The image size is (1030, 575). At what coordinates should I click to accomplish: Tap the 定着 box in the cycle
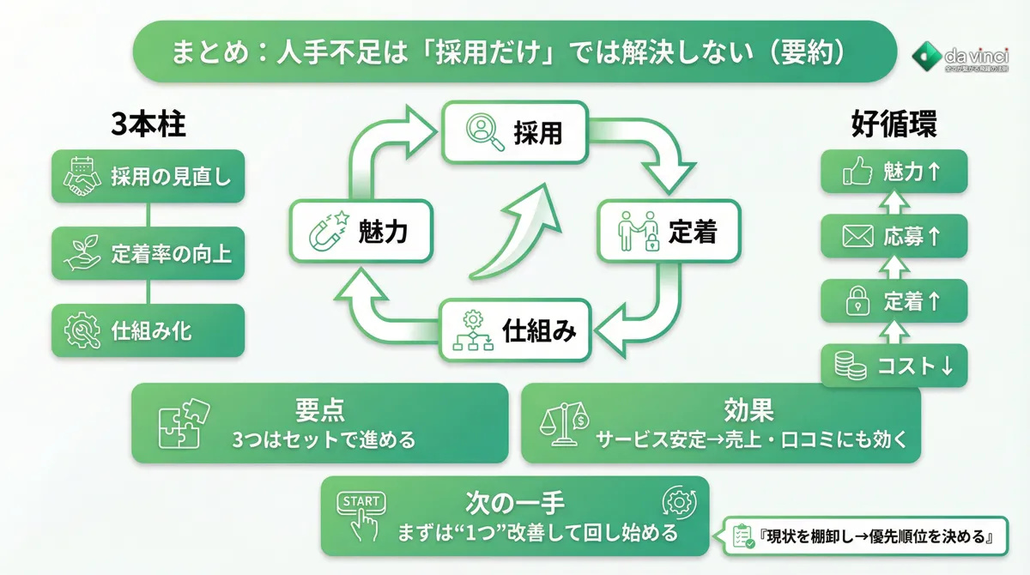coord(669,231)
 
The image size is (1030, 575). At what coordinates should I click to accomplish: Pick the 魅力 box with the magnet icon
coord(360,231)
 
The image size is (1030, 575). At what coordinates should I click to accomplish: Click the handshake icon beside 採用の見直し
coord(83,177)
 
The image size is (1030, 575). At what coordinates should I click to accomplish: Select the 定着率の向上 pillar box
coord(148,254)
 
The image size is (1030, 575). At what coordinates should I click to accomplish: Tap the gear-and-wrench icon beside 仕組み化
coord(83,330)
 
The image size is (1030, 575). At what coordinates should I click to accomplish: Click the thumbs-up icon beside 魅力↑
coord(857,172)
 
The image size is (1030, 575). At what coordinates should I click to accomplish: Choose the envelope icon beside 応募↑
coord(857,237)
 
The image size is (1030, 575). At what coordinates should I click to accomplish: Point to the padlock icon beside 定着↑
coord(857,301)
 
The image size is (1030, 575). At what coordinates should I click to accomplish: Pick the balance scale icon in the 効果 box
coord(564,424)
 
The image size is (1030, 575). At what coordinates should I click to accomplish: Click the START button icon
coord(363,515)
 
